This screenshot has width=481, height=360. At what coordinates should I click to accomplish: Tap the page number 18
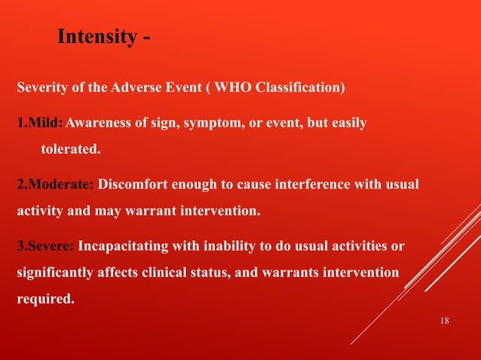tap(443, 322)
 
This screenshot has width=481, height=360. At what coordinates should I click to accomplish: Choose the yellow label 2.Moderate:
tap(55, 185)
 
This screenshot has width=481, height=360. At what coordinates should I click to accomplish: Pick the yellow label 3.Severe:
tap(45, 246)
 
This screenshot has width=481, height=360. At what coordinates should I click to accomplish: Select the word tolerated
tap(69, 149)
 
